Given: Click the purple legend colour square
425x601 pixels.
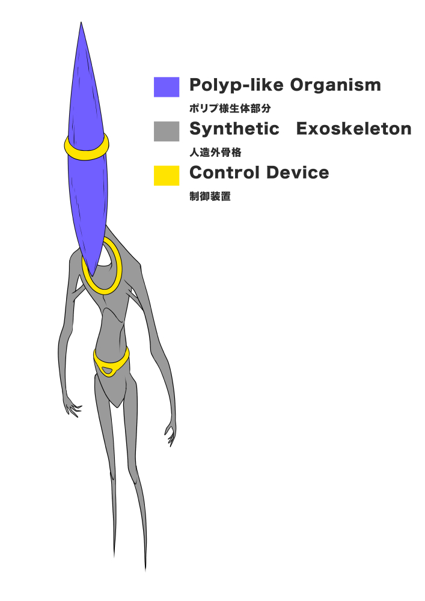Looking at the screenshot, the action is click(x=167, y=87).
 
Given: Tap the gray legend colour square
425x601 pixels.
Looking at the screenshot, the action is click(x=167, y=131).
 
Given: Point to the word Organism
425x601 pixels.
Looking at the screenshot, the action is click(x=335, y=85).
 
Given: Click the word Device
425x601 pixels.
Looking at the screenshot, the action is click(x=299, y=173).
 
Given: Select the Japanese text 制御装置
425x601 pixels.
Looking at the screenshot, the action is click(x=210, y=197).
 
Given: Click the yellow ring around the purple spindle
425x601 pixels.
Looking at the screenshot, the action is click(x=87, y=154).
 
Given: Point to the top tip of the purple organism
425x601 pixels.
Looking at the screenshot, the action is click(x=81, y=24).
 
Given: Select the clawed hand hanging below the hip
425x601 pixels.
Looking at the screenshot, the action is click(x=171, y=434).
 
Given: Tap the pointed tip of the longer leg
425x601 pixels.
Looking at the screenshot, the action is click(x=145, y=568).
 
